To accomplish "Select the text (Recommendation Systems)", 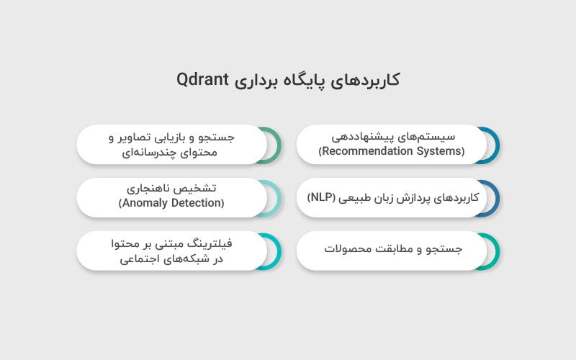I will [392, 151].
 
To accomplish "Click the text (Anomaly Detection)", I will [171, 203].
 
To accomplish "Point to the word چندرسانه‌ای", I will [140, 152].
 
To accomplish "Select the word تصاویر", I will [140, 137].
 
